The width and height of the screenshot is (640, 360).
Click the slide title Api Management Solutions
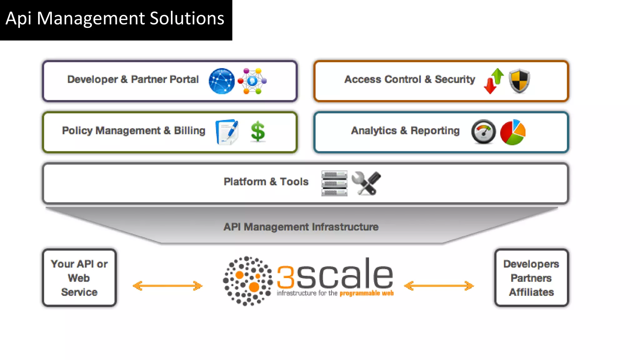click(x=115, y=18)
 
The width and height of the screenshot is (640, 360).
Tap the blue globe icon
click(x=222, y=81)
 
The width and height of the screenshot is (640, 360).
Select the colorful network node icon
click(x=252, y=81)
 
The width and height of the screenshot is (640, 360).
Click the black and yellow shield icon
click(x=519, y=81)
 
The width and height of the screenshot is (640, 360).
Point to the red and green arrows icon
click(x=494, y=81)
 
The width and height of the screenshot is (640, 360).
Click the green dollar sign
click(x=258, y=132)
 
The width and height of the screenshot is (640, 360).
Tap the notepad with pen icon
click(x=227, y=132)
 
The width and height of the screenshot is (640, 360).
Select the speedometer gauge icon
click(x=483, y=132)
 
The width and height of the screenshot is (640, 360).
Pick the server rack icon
click(x=334, y=183)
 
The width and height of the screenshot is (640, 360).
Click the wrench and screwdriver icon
click(x=366, y=183)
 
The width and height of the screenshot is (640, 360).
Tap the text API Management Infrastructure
click(x=301, y=227)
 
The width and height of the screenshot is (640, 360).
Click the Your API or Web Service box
click(x=79, y=278)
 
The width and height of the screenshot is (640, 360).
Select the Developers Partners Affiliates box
click(x=531, y=278)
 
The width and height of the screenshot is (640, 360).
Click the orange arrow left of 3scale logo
click(x=167, y=286)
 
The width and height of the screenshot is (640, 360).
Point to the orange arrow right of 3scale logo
click(x=439, y=286)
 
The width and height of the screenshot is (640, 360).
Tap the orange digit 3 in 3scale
click(x=286, y=277)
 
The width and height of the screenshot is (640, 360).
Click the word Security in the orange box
click(x=455, y=79)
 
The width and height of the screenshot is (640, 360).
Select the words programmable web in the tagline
click(x=367, y=293)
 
